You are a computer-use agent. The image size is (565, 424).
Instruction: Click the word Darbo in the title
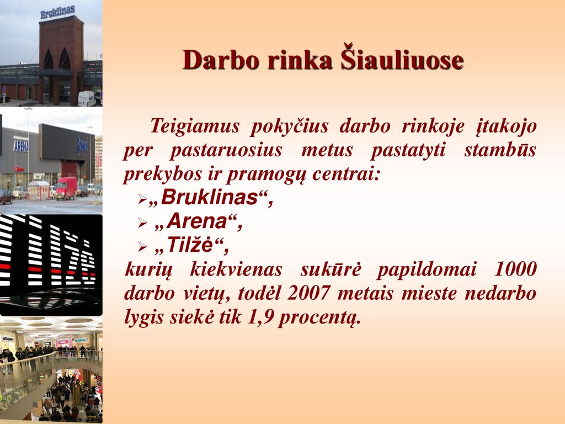point(221,60)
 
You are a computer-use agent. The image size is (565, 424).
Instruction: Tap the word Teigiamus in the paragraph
point(195,127)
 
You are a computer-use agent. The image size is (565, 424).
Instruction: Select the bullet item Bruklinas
point(210,198)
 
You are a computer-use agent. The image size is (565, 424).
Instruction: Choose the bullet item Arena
point(199,221)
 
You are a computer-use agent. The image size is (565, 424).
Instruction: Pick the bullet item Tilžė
point(191,245)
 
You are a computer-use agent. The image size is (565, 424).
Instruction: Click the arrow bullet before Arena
point(143,224)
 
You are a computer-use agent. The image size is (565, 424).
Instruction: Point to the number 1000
point(515,269)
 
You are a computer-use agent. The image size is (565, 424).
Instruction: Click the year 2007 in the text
point(308,293)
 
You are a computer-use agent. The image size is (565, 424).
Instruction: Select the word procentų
point(319,319)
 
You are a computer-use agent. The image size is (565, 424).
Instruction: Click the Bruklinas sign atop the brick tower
point(57,12)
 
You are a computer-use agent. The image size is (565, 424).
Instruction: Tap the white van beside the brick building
point(87,98)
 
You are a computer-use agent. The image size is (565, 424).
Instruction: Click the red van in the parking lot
point(66,188)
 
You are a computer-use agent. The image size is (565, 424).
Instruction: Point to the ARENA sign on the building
point(21,146)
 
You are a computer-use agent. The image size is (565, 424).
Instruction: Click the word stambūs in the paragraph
point(500,150)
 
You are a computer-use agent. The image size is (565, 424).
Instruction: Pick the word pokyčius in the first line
point(289,127)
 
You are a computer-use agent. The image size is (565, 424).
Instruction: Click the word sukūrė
point(331,269)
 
